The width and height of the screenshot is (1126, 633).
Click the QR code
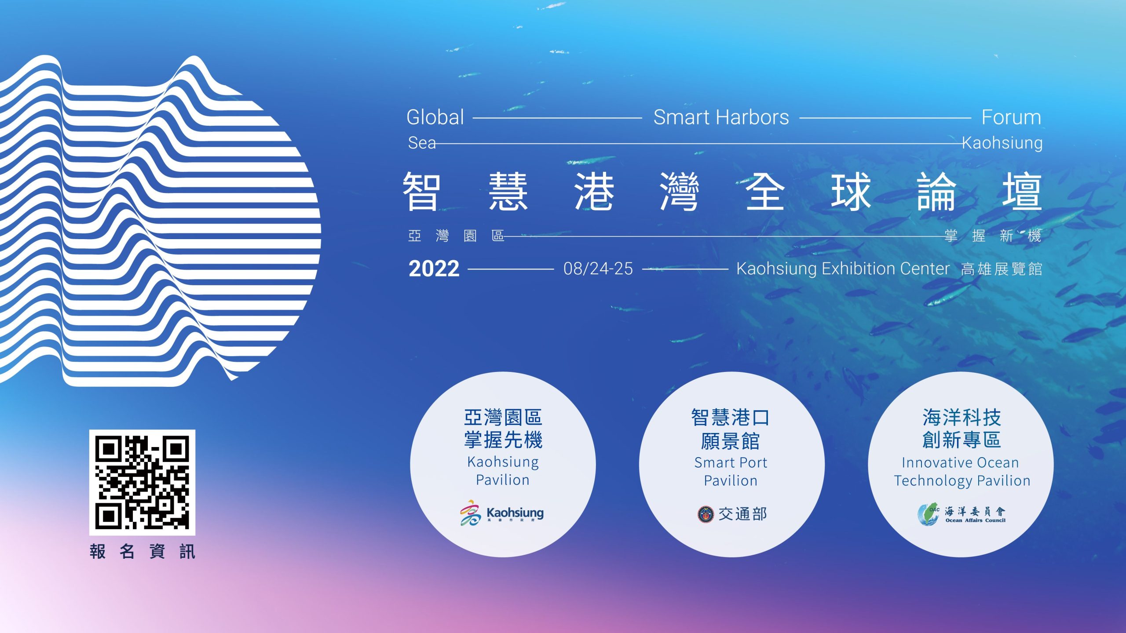point(142,482)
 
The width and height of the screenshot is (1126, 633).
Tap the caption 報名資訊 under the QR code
point(143,551)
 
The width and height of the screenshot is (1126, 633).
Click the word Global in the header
point(435,117)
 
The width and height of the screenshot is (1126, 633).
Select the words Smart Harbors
point(721,117)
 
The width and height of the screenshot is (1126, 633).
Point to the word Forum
point(1011,117)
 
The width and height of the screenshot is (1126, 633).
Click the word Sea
point(422,143)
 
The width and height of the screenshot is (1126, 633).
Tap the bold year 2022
point(434,269)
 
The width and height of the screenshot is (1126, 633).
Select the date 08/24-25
point(598,269)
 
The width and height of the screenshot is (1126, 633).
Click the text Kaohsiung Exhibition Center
point(843,269)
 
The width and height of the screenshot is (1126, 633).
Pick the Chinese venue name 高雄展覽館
point(1002,269)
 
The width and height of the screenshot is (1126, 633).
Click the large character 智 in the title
point(422,192)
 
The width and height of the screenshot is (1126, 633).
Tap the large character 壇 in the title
point(1022,192)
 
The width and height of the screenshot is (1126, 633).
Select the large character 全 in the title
point(765,192)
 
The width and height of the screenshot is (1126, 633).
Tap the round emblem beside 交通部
point(706,514)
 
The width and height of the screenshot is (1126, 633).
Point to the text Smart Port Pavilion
point(731,472)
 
